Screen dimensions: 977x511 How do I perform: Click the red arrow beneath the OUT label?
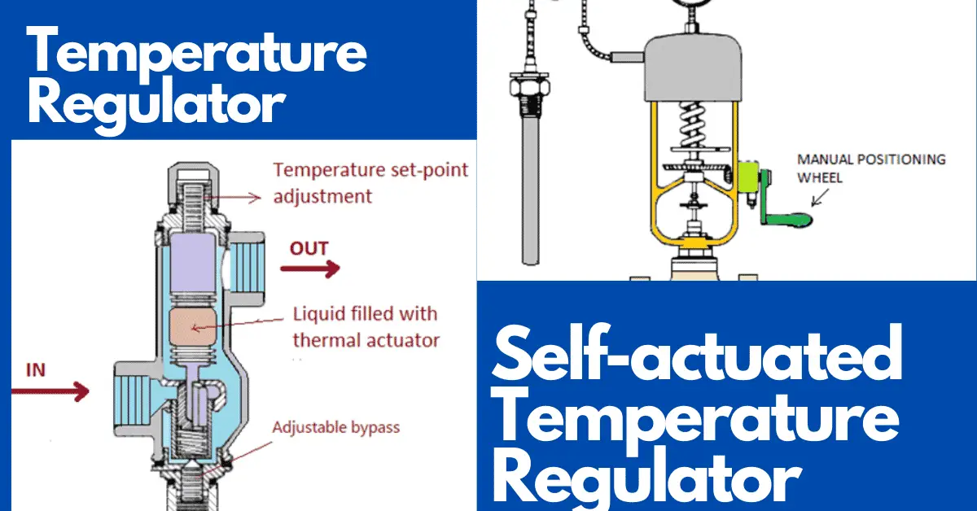click(x=309, y=269)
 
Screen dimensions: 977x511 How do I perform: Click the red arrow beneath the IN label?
click(x=50, y=391)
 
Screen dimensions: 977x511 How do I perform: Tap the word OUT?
click(x=309, y=248)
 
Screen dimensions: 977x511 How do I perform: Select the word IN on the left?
click(x=36, y=370)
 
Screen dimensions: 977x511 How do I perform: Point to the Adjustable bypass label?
click(x=335, y=427)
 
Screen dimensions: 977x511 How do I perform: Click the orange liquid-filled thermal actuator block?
click(x=193, y=326)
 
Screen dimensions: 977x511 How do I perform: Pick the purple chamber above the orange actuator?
click(x=193, y=263)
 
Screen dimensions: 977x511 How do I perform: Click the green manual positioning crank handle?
click(x=785, y=204)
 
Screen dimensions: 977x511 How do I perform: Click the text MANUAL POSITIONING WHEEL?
click(x=871, y=168)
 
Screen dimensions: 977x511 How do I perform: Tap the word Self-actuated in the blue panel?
click(x=697, y=355)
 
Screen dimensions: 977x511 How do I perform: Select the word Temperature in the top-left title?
click(x=197, y=50)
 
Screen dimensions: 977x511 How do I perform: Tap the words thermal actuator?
click(x=366, y=340)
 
